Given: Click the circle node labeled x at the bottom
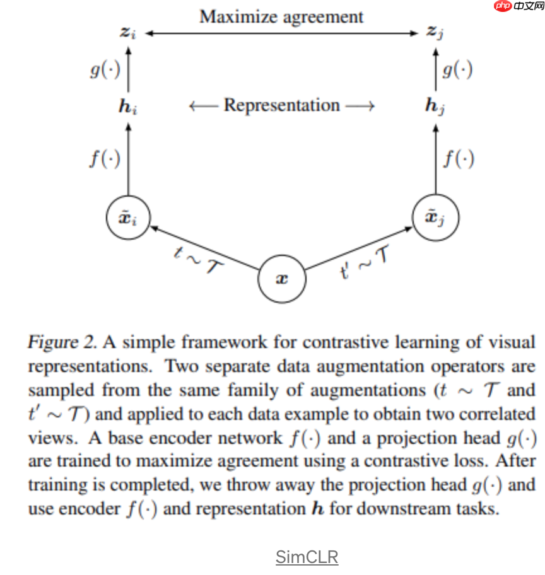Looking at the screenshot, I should (281, 278).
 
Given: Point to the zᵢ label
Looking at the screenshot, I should (128, 32).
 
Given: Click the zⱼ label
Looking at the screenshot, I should (435, 32).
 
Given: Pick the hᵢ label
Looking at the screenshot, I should (128, 106).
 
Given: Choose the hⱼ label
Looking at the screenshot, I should (435, 106).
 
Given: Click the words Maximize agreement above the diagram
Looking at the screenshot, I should (281, 16).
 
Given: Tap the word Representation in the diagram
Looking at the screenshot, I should (281, 105).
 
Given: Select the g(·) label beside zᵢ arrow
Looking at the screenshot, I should (104, 69).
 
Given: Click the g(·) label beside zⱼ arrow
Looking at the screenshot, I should (457, 69).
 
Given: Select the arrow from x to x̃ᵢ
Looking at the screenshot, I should (205, 248).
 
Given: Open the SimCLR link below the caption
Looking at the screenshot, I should (307, 557).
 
